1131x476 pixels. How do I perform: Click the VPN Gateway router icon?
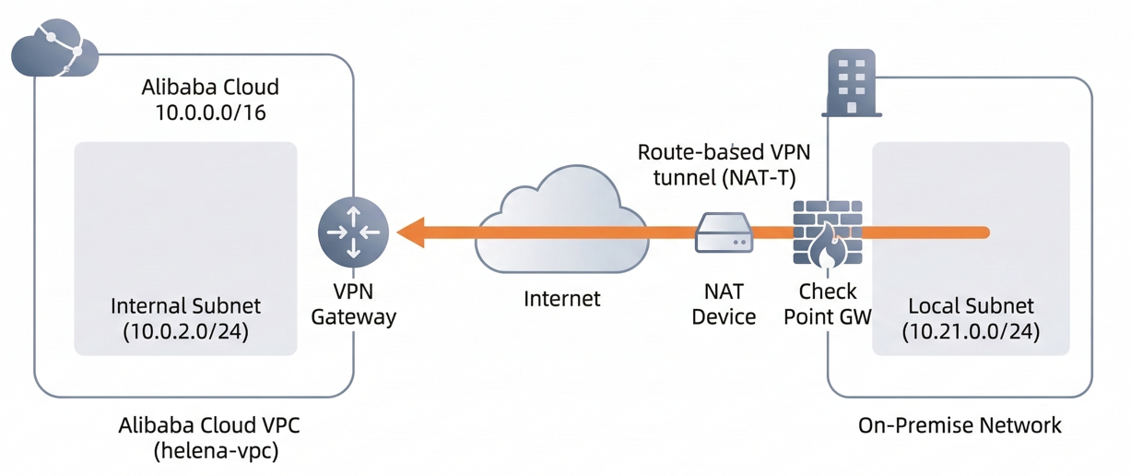click(354, 232)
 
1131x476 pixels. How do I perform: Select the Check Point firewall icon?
click(827, 234)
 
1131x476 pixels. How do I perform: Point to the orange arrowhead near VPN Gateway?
click(411, 232)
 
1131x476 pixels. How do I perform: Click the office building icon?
click(851, 82)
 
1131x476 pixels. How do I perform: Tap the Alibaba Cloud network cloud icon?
click(53, 50)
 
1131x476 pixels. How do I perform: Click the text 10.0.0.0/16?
click(209, 113)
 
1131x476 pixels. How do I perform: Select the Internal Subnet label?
click(185, 305)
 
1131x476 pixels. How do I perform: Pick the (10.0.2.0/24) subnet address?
click(185, 332)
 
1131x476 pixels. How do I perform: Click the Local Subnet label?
click(971, 305)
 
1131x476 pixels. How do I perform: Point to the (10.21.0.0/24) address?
click(971, 332)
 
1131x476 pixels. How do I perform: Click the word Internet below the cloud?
click(561, 299)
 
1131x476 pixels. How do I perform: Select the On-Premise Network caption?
click(960, 425)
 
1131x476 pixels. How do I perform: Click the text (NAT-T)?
click(760, 178)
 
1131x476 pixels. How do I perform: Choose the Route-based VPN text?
click(724, 151)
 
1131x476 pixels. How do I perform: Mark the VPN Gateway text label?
click(354, 304)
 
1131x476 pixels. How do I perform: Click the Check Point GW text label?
click(828, 304)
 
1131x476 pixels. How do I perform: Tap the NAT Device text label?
click(724, 304)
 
